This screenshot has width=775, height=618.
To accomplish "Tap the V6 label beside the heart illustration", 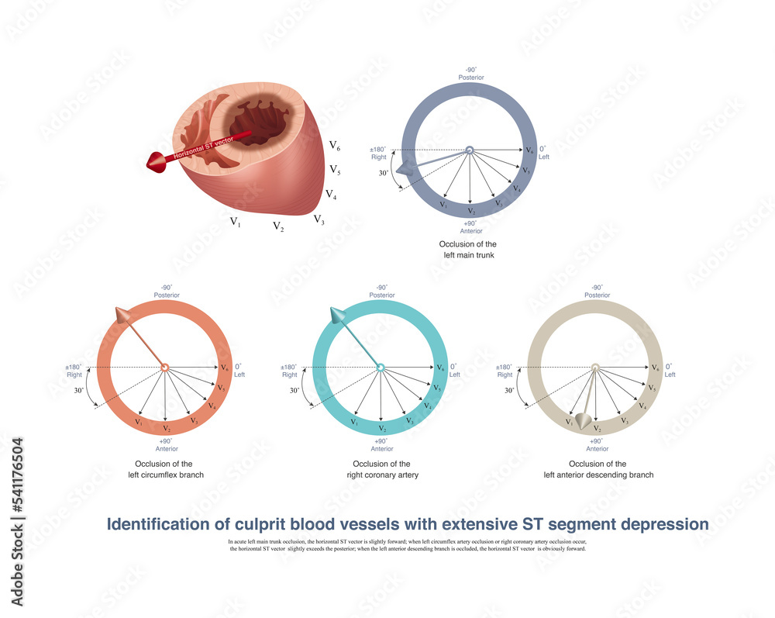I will coord(335,145).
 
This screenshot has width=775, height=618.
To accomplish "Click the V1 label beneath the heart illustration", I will coord(235,222).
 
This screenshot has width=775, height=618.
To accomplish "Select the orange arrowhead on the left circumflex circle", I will coord(122,315).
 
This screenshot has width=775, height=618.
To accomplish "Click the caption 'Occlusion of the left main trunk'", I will coord(468,249).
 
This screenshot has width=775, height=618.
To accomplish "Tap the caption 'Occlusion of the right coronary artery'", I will coord(381,469).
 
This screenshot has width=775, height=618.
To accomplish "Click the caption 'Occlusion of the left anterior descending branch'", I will coord(596,469).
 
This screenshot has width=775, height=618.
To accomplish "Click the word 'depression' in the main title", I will coord(666,524).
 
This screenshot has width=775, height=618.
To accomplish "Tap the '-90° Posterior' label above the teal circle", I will coord(381,292).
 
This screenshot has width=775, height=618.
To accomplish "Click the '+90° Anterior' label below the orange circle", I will coord(167,444).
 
